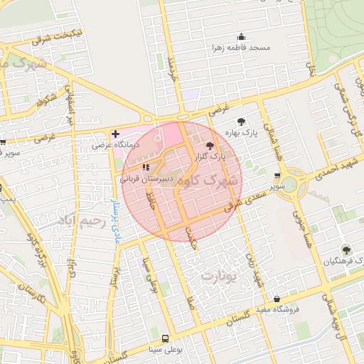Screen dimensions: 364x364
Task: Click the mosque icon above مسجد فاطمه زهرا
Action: (x=241, y=37)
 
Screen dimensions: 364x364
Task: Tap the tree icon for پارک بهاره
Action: (x=241, y=122)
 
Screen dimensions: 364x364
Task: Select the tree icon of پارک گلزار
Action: (x=208, y=145)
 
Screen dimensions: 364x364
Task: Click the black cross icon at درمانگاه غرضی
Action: (x=115, y=134)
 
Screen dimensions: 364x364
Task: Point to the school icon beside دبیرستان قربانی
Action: (x=146, y=168)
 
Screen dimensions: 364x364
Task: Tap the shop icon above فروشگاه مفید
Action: (x=277, y=299)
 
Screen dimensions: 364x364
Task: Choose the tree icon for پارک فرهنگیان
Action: (x=346, y=250)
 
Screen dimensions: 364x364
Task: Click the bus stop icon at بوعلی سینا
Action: (x=165, y=339)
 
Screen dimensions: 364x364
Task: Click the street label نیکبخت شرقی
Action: (x=60, y=36)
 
